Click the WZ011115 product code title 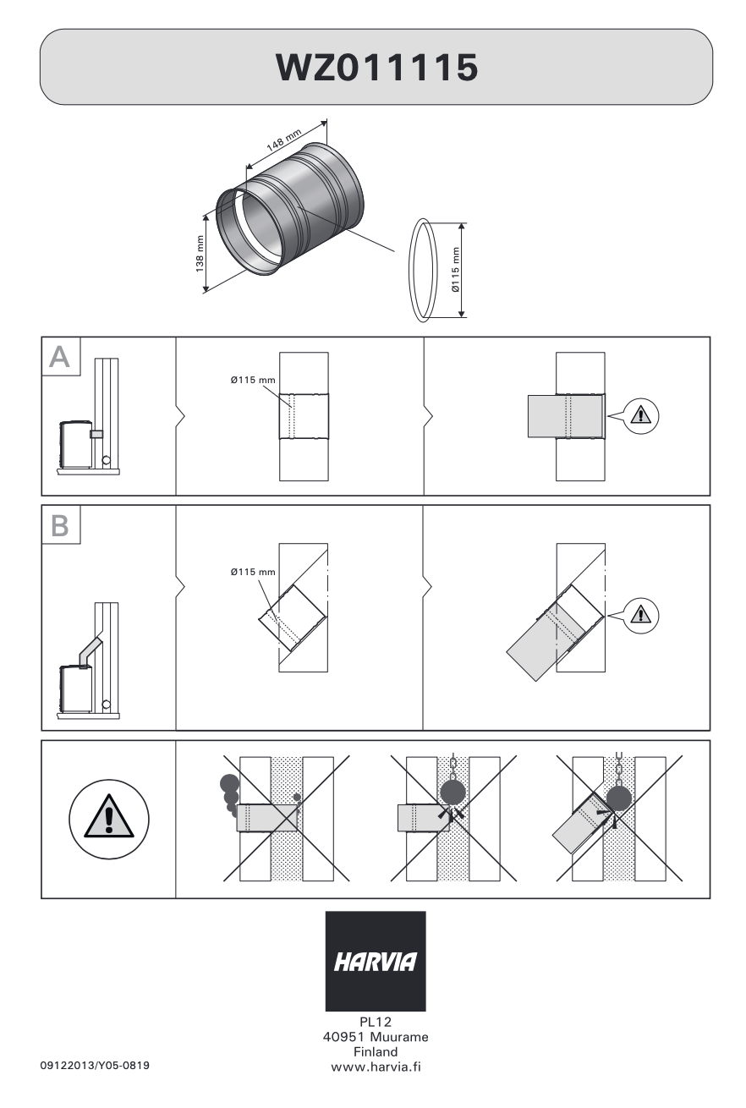pyautogui.click(x=376, y=67)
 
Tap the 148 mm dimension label pyautogui.click(x=284, y=140)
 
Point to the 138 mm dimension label pyautogui.click(x=200, y=252)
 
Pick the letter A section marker pyautogui.click(x=60, y=357)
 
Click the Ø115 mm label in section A pyautogui.click(x=253, y=381)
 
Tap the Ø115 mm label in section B pyautogui.click(x=253, y=572)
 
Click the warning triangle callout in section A pyautogui.click(x=642, y=414)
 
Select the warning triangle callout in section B pyautogui.click(x=642, y=615)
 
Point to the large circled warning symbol pyautogui.click(x=109, y=819)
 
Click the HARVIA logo pyautogui.click(x=376, y=962)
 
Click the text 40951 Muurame pyautogui.click(x=376, y=1038)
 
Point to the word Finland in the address pyautogui.click(x=376, y=1051)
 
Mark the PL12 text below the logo pyautogui.click(x=376, y=1023)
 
